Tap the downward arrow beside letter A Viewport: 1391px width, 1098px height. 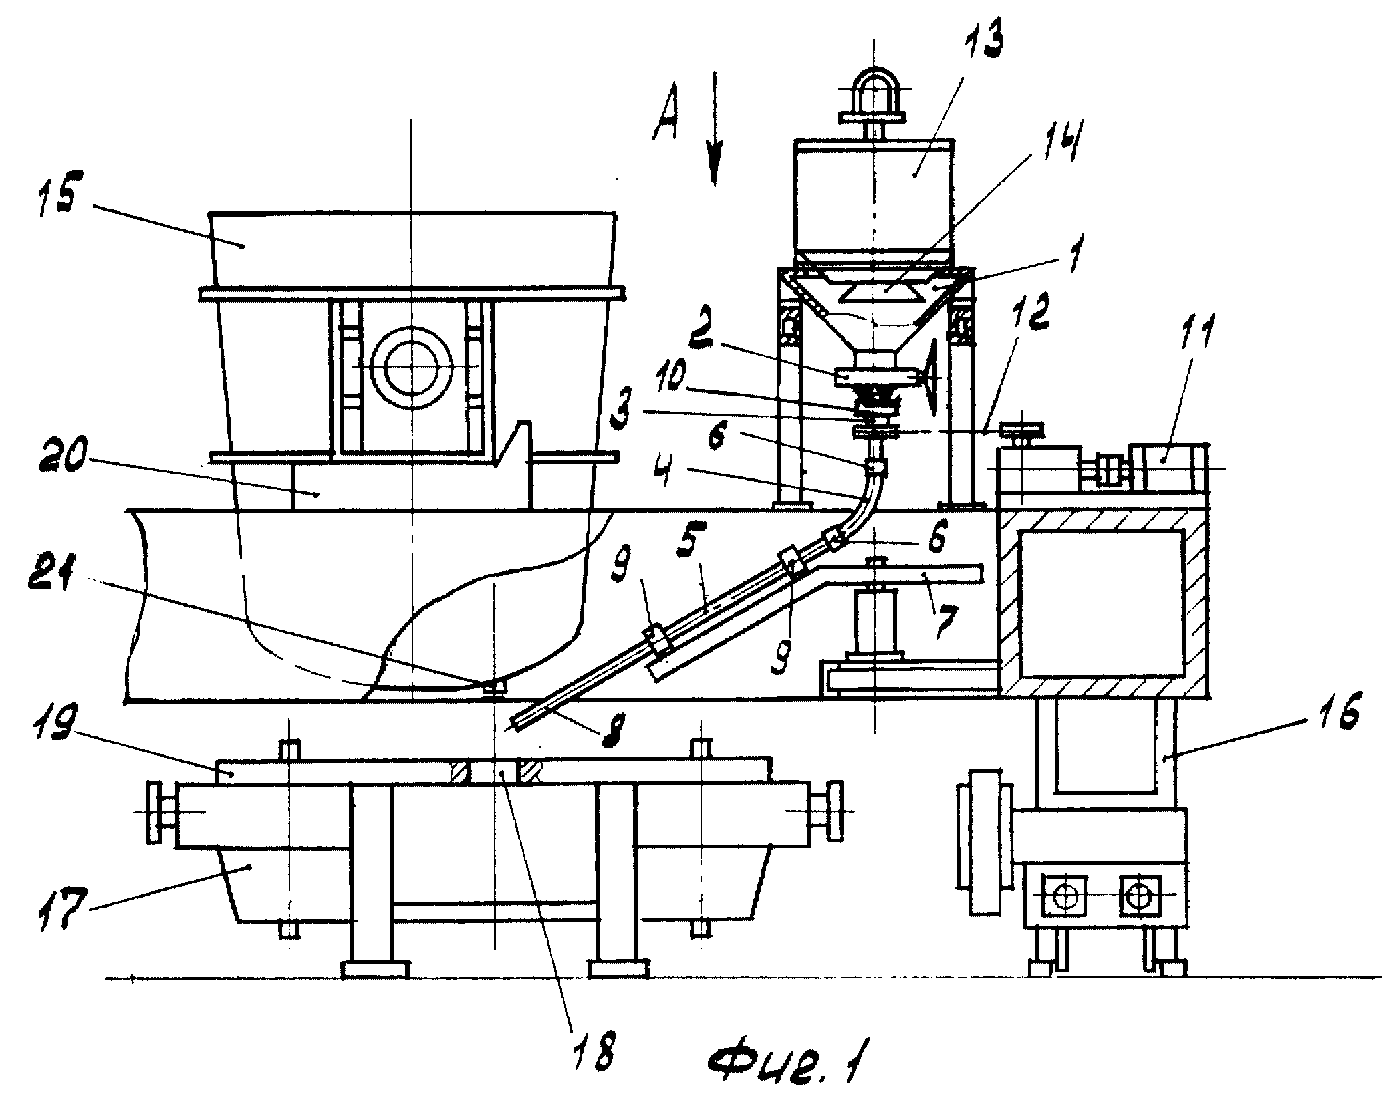(x=714, y=127)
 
